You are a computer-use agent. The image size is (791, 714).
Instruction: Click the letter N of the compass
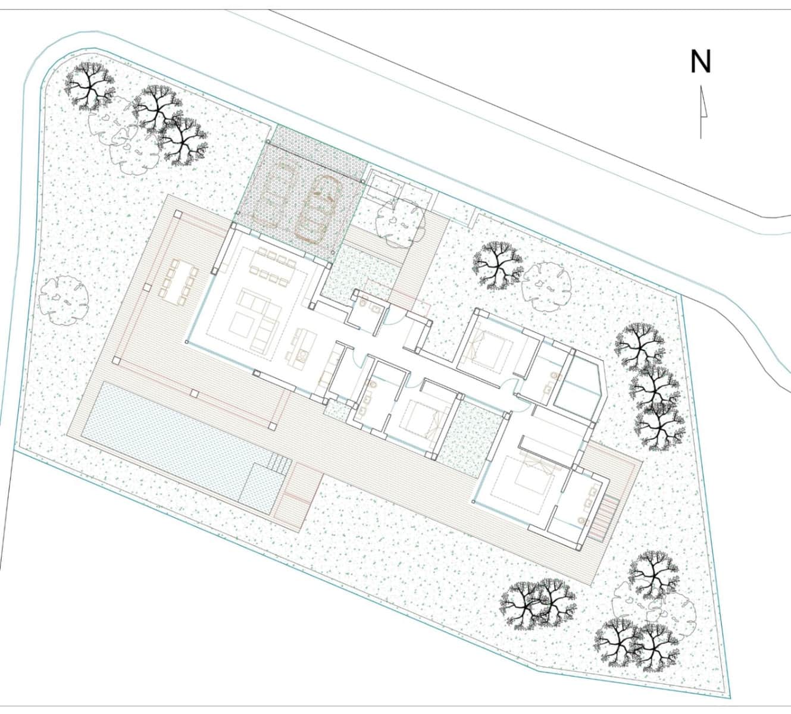point(701,61)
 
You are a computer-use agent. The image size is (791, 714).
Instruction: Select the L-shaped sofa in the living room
point(260,318)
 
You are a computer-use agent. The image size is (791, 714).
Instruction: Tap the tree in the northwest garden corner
point(89,84)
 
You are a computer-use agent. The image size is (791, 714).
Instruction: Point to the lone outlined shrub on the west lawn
point(63,300)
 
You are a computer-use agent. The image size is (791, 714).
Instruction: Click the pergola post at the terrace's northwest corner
point(177,214)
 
